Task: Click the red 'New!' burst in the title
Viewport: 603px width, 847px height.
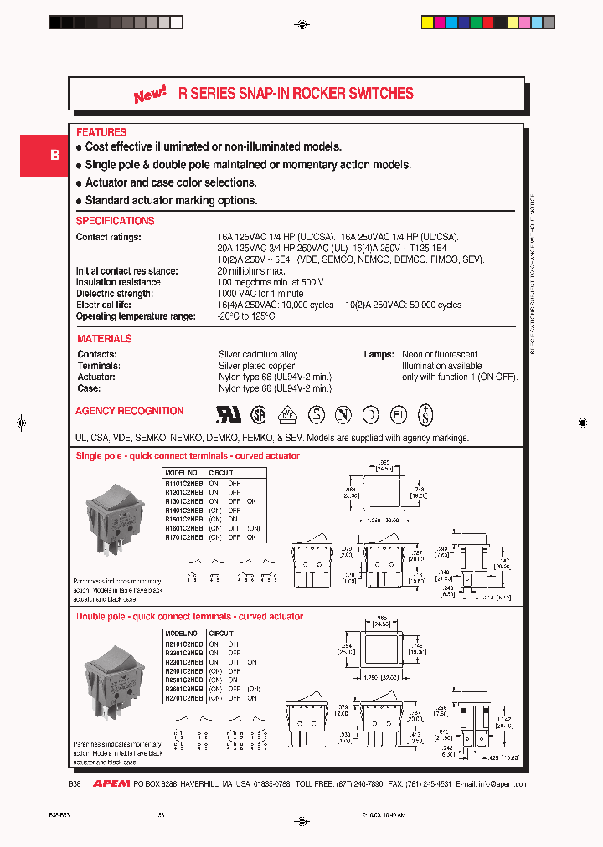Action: (x=150, y=95)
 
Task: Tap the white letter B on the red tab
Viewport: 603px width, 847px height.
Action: (x=54, y=156)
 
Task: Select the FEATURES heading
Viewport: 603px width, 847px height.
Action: (x=101, y=132)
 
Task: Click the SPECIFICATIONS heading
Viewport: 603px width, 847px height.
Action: (x=115, y=221)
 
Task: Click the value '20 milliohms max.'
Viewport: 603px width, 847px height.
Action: (x=251, y=271)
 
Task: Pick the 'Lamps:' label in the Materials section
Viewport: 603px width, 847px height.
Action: (x=379, y=354)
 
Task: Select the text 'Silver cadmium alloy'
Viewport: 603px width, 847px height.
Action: (x=258, y=354)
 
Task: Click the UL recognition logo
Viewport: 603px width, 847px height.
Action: (x=229, y=414)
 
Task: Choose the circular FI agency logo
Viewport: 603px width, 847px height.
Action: (x=398, y=414)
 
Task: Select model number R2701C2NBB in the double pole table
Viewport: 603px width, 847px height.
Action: (x=183, y=697)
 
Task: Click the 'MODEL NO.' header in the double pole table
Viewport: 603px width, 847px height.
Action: (x=182, y=634)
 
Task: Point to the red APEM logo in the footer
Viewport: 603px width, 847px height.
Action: (x=111, y=784)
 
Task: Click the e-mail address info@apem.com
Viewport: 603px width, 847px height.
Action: (x=502, y=784)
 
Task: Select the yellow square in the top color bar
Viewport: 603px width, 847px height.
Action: (x=427, y=23)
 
